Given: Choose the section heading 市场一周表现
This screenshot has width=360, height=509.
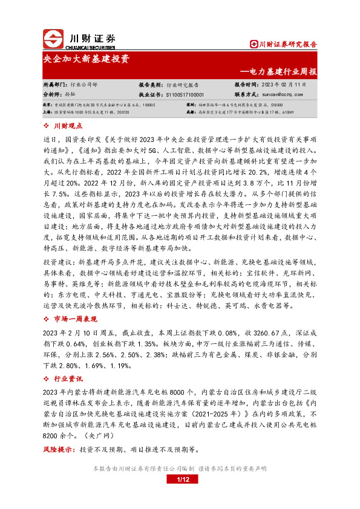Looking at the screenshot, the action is [x=75, y=319].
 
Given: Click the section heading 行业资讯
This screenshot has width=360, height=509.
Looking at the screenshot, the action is [x=67, y=378].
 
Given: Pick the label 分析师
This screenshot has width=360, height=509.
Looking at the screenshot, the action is [x=53, y=95].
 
